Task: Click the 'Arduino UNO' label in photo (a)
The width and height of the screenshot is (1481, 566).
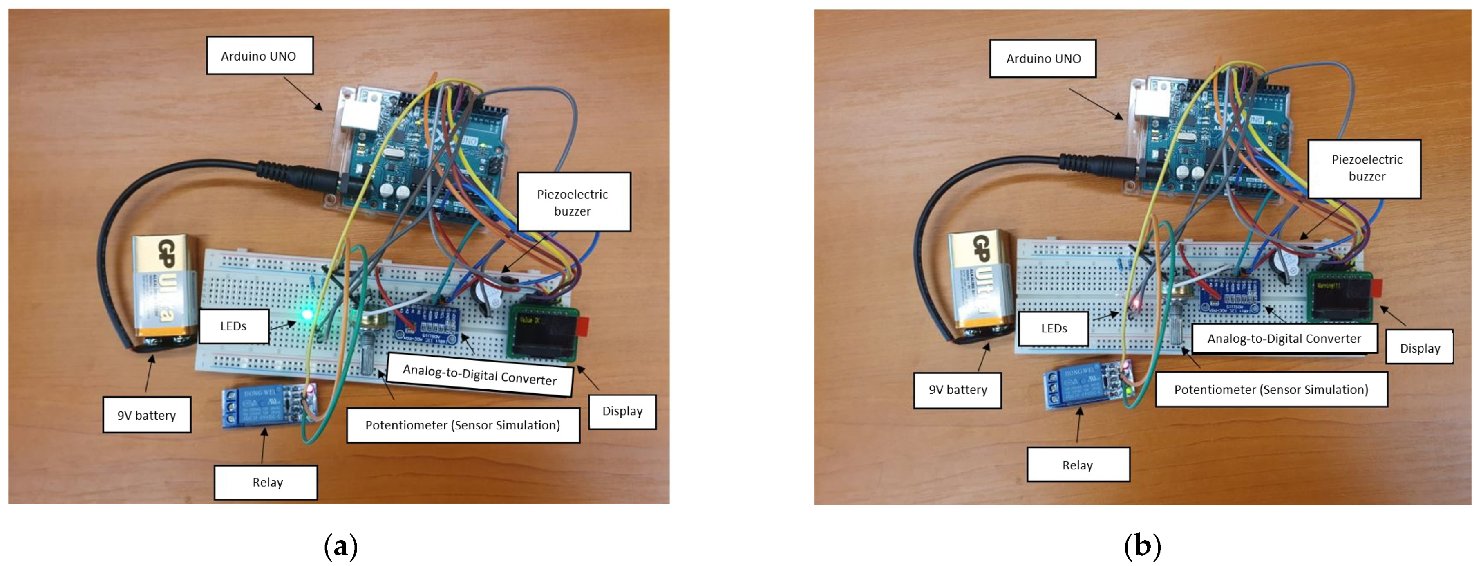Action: (259, 56)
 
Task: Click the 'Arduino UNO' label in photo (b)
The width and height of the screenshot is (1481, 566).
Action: (1043, 58)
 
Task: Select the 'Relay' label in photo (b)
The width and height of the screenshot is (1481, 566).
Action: (1077, 465)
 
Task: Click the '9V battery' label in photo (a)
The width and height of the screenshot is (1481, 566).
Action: (147, 415)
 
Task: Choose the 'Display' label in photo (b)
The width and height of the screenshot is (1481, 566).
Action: (1419, 348)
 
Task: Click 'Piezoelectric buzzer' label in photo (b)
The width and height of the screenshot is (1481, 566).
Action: (1366, 168)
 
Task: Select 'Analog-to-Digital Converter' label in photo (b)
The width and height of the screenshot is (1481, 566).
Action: (1283, 338)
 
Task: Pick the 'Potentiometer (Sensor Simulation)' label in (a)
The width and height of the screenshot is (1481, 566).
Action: (462, 425)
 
